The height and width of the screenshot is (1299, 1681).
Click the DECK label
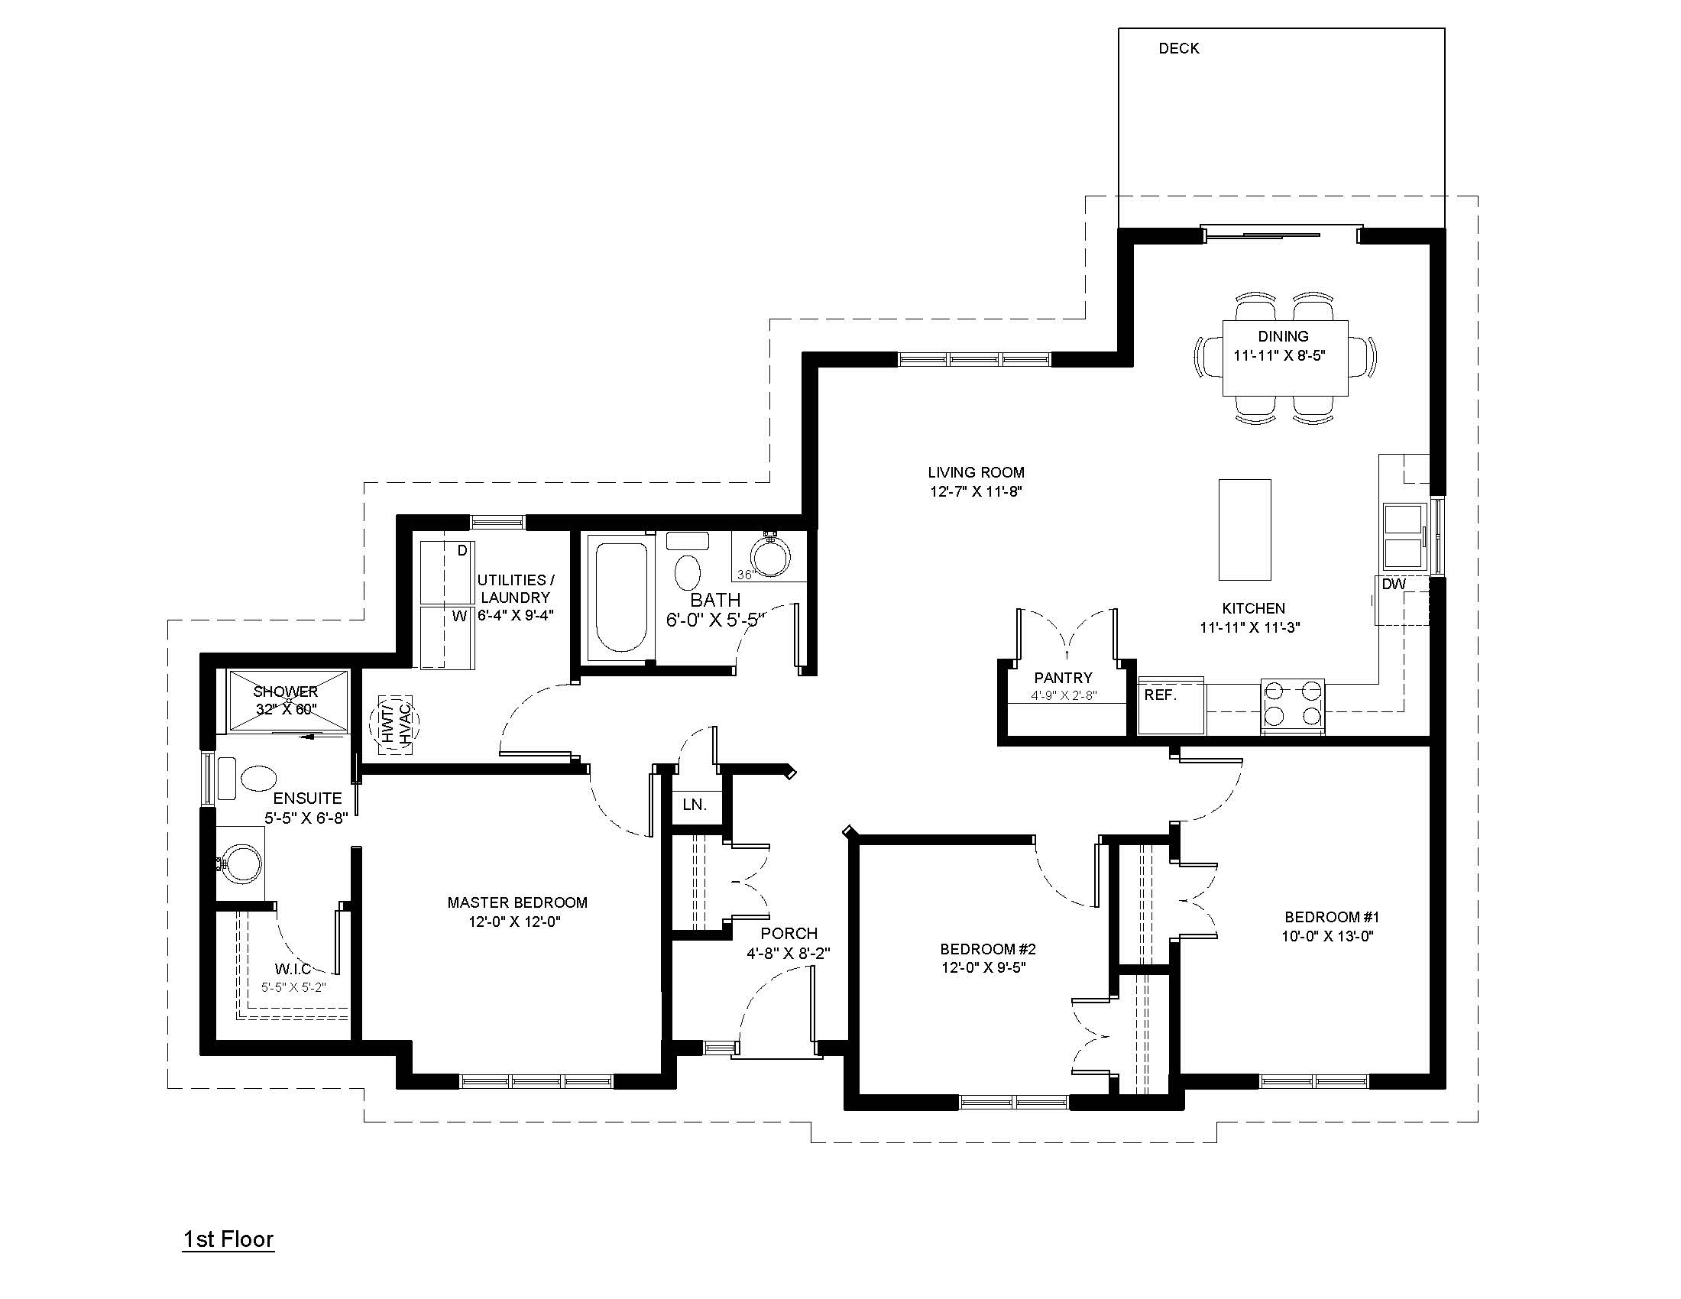1178,48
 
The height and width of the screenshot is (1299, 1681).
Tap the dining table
1284,357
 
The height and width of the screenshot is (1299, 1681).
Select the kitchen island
1244,529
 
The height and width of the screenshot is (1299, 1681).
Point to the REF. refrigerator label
1160,695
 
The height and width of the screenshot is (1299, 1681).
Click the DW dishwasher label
1393,584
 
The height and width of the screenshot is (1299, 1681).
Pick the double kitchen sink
1403,537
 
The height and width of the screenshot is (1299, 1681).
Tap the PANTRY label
1063,677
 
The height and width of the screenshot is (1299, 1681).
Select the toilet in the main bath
687,562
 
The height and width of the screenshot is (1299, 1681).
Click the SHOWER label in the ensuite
285,692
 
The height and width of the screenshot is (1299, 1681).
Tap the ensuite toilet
246,778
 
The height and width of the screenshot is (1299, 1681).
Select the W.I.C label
293,969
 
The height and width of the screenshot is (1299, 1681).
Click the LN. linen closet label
695,804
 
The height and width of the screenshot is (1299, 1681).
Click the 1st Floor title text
228,1239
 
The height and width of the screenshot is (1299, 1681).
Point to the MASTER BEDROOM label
517,902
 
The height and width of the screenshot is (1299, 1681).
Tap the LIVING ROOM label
976,472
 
